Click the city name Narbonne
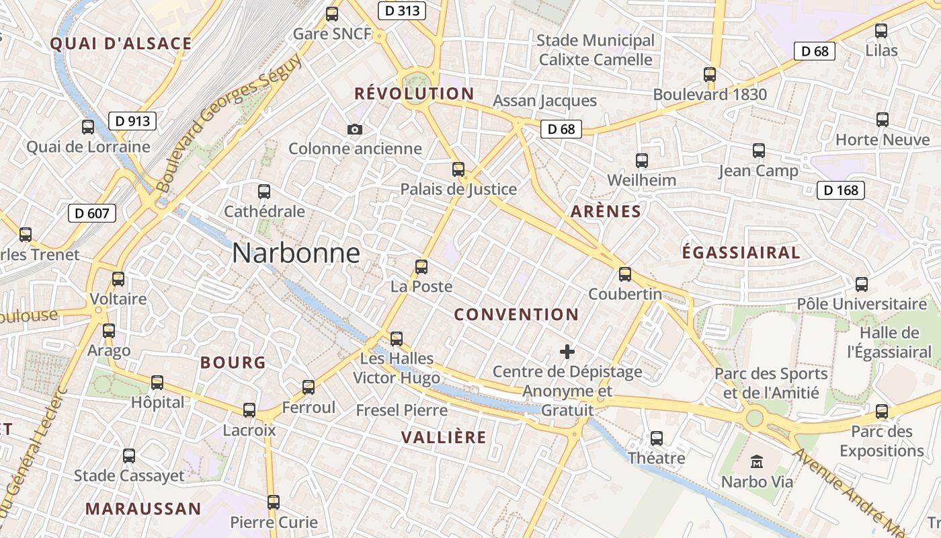pos(296,254)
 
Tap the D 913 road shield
pos(132,121)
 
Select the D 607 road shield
pos(92,214)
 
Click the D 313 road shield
pos(401,11)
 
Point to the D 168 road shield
pos(841,190)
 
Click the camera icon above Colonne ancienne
pos(355,129)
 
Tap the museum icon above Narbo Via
pos(757,462)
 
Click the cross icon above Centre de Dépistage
pos(567,351)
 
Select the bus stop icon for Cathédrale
pos(264,192)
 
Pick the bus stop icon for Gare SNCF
pos(331,13)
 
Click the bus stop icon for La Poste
pos(421,267)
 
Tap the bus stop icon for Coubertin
pos(625,274)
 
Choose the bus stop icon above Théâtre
pos(657,438)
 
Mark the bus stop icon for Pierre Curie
pos(274,502)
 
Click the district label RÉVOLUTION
pos(414,93)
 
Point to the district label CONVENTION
pos(516,314)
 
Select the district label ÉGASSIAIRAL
pos(741,253)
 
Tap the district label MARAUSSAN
pos(143,508)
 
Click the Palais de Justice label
pos(458,189)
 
